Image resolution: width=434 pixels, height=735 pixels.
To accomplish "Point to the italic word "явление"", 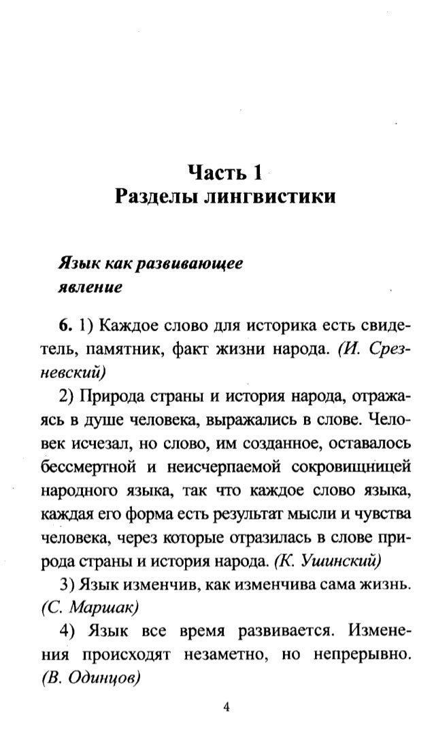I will pyautogui.click(x=88, y=286).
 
